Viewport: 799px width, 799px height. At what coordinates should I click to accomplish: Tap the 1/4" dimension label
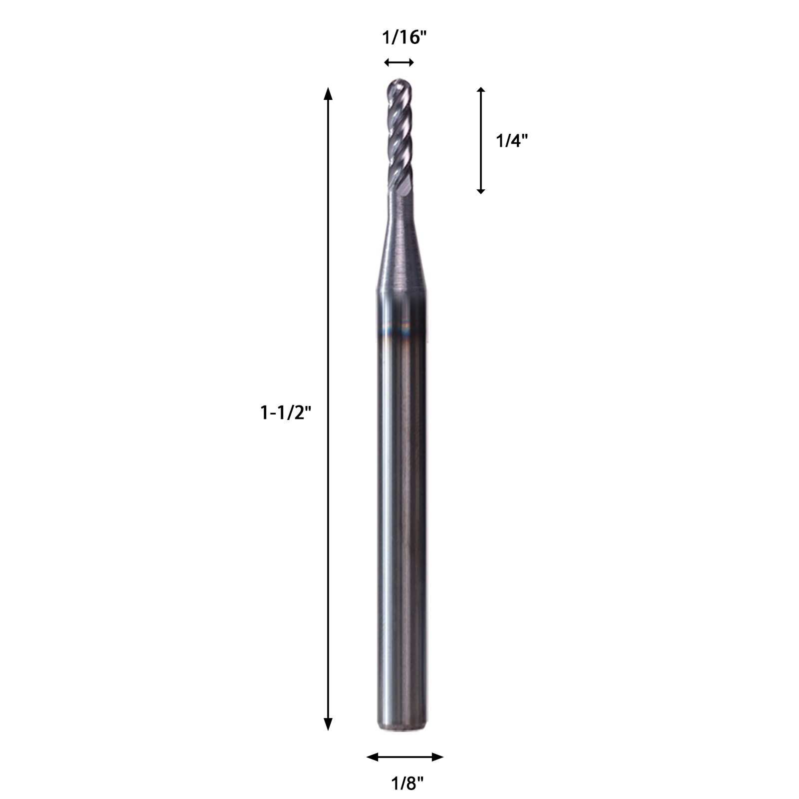pyautogui.click(x=512, y=141)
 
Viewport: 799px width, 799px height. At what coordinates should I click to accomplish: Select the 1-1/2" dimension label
pyautogui.click(x=286, y=413)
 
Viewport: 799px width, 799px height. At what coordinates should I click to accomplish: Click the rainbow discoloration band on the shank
pyautogui.click(x=401, y=330)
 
